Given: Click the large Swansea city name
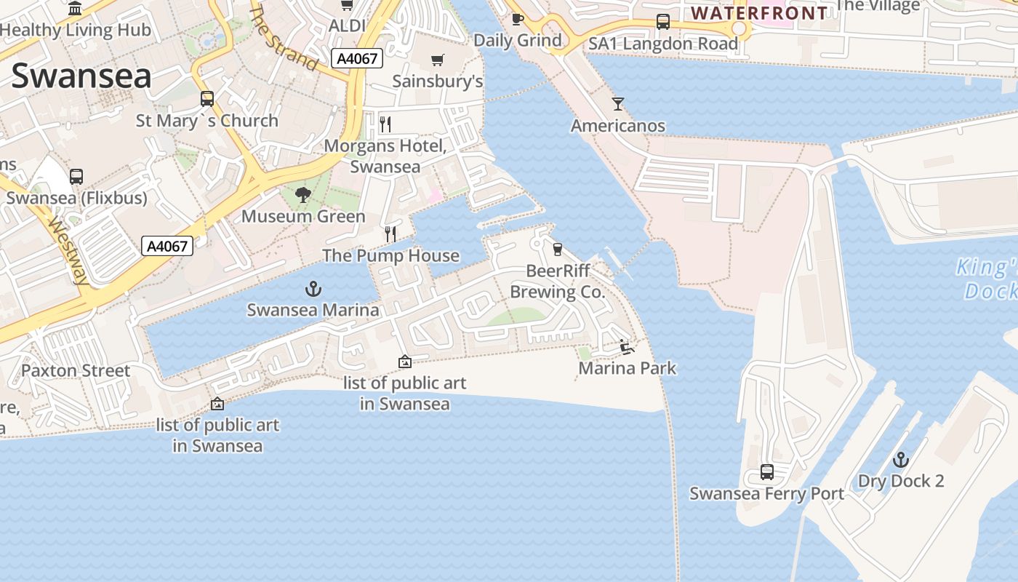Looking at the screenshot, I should [81, 76].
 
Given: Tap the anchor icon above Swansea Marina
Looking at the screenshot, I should [313, 290].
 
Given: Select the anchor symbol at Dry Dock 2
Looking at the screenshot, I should [901, 460].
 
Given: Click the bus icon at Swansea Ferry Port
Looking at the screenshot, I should [767, 472].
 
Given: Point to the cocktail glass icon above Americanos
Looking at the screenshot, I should [618, 104].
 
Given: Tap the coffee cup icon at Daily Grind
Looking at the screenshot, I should [517, 19].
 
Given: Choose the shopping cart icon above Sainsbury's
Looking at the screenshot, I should [437, 60].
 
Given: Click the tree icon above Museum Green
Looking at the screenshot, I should [303, 195].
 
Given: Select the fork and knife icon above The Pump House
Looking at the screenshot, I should [390, 234].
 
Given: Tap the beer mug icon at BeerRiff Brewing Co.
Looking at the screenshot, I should [558, 250].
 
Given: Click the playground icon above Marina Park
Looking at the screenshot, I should [627, 347].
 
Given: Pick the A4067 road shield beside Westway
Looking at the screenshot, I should [167, 246].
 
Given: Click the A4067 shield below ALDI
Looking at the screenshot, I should [358, 58].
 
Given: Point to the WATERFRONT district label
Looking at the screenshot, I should [759, 13].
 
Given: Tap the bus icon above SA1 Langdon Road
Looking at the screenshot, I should [663, 22].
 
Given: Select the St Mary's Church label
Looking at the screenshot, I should [207, 121].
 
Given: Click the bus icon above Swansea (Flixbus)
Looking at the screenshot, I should [76, 176].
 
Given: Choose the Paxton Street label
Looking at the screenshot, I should [76, 370].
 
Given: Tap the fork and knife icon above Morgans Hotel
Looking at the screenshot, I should [385, 124].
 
